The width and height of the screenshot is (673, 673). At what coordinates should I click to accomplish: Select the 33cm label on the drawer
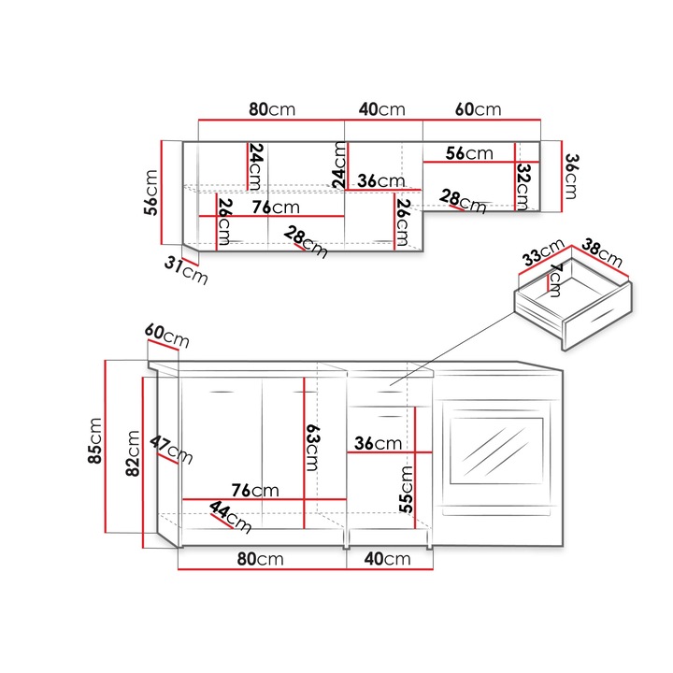click(543, 255)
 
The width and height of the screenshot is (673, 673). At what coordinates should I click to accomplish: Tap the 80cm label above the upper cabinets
click(271, 109)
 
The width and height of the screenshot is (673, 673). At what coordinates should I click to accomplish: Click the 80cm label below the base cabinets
click(260, 559)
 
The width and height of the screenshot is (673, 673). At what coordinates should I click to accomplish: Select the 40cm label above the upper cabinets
click(381, 109)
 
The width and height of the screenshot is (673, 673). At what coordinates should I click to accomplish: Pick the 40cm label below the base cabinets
click(387, 559)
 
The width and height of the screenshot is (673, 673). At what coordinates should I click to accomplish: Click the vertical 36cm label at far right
click(572, 175)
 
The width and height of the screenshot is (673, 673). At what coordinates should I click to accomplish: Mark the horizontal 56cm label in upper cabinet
click(468, 152)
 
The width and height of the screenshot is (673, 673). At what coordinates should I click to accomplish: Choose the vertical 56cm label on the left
click(151, 192)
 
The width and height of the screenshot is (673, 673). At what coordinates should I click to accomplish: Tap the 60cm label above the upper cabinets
click(478, 109)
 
